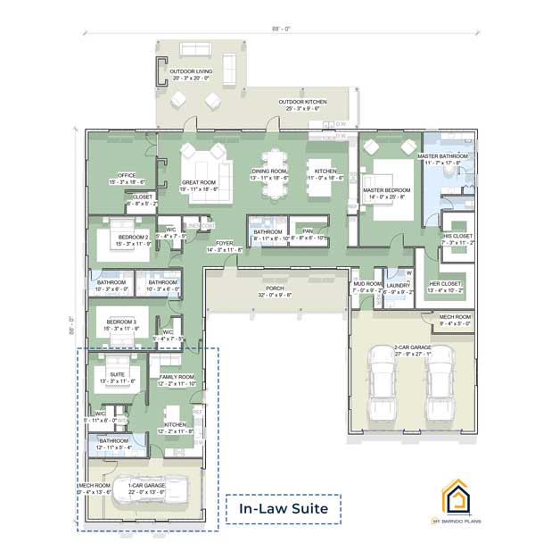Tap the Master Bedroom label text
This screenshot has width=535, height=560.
386,192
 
